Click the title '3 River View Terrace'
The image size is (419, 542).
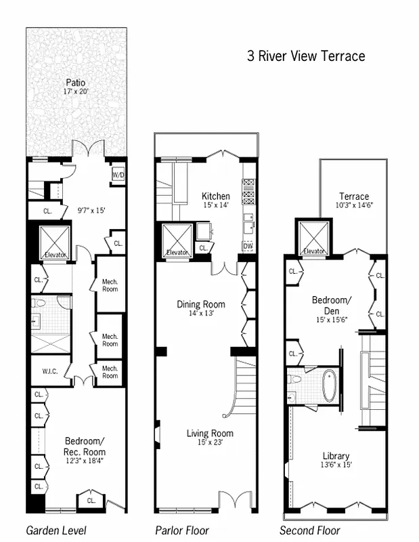306,56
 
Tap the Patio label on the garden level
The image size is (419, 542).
76,83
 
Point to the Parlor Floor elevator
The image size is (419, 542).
177,240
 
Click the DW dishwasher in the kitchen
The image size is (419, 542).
248,246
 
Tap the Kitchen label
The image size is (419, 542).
215,196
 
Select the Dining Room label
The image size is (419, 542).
201,304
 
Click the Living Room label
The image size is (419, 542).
210,434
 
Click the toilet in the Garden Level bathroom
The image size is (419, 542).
39,304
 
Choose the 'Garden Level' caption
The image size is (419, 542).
56,530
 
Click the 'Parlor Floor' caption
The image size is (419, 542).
182,530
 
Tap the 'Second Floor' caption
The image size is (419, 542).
310,530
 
